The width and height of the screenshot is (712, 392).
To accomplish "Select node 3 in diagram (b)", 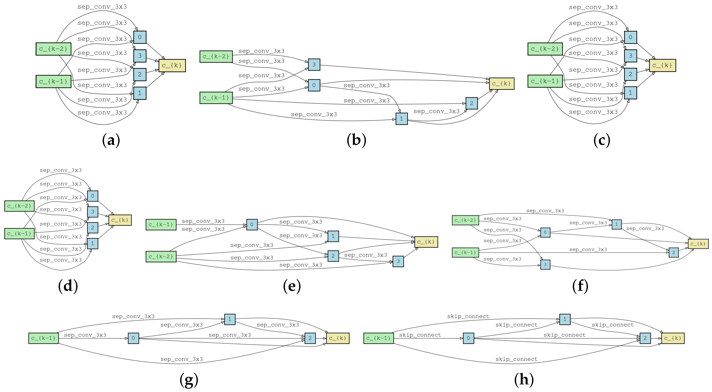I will (314, 65).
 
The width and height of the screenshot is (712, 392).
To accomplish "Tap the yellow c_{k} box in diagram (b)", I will (501, 83).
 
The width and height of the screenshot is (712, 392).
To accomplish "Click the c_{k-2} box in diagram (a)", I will (53, 49).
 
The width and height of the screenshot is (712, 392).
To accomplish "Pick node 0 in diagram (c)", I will (630, 37).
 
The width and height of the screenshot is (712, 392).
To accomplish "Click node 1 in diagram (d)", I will (93, 243).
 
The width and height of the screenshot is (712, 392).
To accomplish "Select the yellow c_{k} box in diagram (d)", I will (120, 220).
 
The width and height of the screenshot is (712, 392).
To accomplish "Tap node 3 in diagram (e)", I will (398, 261).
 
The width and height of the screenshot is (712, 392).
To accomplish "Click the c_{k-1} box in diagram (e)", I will (161, 225).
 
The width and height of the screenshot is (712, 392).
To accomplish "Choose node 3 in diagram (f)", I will (545, 264).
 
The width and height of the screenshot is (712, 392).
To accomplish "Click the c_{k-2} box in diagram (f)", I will (465, 220).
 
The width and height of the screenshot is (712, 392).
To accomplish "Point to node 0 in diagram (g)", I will (133, 338).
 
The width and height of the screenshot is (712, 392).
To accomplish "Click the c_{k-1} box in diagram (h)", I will (378, 338).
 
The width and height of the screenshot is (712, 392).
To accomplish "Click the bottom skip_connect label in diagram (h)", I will (516, 359).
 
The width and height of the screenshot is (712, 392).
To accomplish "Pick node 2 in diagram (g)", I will (310, 338).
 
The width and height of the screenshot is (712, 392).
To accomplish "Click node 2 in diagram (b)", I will (471, 103).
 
